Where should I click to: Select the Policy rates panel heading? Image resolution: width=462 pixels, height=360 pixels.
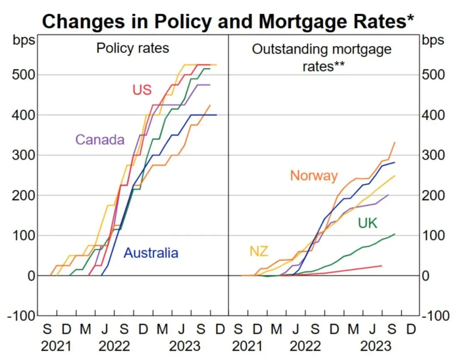tap(133, 47)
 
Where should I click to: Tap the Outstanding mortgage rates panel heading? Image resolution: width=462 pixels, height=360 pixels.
tap(322, 57)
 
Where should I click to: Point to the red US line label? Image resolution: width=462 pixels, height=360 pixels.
tap(142, 90)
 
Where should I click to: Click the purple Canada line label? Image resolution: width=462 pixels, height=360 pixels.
tap(100, 139)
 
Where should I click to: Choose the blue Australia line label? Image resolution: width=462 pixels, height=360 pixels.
tap(151, 253)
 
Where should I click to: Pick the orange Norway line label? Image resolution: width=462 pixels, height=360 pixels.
tap(314, 175)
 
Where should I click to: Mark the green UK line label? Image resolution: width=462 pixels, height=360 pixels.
tap(367, 223)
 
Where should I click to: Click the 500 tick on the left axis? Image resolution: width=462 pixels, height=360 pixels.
tap(22, 75)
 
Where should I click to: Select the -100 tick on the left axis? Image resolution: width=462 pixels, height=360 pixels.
tap(19, 316)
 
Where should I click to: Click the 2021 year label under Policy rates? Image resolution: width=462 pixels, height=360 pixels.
tap(56, 346)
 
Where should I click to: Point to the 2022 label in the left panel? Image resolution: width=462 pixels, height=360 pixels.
tap(114, 346)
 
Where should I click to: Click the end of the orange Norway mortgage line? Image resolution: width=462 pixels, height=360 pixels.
tap(394, 142)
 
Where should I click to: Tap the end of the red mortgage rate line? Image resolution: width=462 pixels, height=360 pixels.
tap(381, 266)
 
